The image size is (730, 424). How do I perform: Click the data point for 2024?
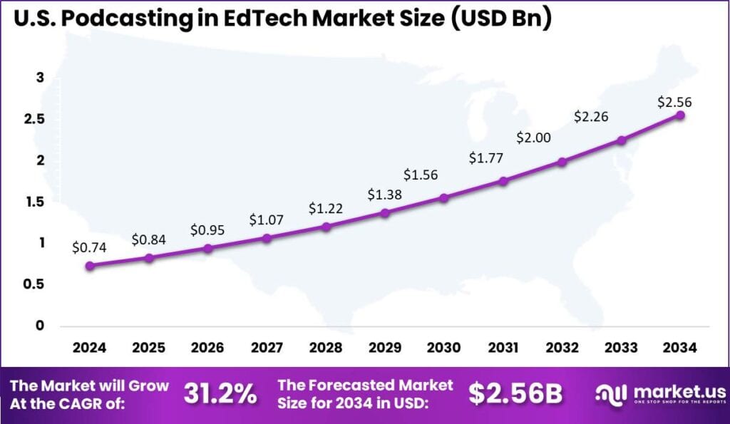point(89,266)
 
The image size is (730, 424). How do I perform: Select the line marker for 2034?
point(680,115)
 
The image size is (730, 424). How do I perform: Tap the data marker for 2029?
point(385,213)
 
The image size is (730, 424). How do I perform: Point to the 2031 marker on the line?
point(503,181)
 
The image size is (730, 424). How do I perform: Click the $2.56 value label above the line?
point(674,103)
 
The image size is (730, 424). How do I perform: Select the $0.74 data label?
point(89,248)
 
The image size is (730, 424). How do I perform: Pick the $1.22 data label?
point(326,208)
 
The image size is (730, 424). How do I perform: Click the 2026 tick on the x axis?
point(207,348)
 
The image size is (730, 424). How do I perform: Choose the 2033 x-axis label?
point(621,348)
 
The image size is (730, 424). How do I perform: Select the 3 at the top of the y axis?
point(41,78)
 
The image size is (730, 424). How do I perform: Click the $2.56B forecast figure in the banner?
point(516,393)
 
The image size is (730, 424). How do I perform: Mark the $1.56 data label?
point(421,175)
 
